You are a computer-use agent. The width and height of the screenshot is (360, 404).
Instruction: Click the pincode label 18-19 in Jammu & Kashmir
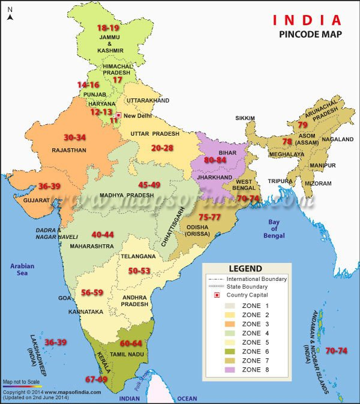coord(108,28)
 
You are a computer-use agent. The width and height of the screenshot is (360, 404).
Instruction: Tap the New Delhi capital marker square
coord(119,115)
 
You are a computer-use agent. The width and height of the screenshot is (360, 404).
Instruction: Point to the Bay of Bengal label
coord(274,229)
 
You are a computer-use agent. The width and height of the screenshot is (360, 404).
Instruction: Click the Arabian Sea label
coord(22,270)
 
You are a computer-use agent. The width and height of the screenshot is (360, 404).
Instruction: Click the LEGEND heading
coord(245,268)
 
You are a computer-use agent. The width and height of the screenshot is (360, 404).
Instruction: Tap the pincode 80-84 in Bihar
coord(215,160)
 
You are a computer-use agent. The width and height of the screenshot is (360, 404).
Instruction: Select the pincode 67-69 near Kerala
coord(96,379)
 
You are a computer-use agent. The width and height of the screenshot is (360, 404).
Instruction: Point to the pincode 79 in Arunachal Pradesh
coord(303,125)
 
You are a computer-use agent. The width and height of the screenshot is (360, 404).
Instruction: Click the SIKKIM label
coord(245,118)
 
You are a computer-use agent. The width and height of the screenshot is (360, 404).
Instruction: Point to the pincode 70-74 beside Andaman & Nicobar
coord(336,351)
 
